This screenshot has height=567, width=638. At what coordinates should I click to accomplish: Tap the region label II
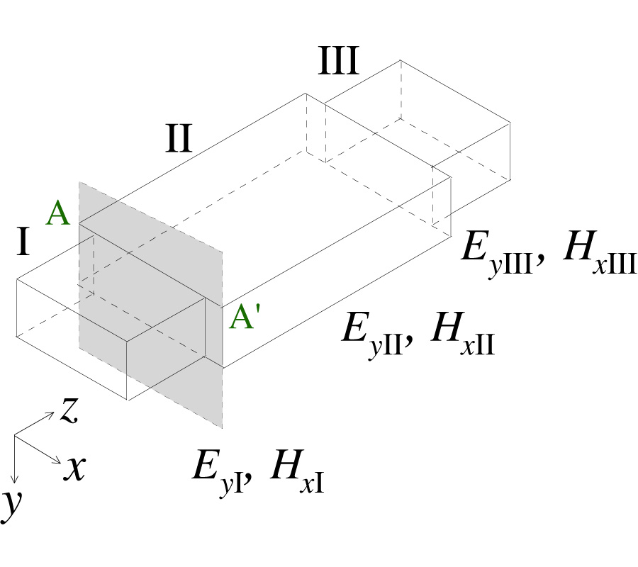178,140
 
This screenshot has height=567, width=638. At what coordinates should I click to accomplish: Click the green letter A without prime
58,213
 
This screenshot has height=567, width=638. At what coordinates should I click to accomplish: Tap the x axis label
75,468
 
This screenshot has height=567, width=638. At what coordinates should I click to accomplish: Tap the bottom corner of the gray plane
223,428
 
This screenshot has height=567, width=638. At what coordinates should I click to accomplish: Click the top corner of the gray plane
79,183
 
